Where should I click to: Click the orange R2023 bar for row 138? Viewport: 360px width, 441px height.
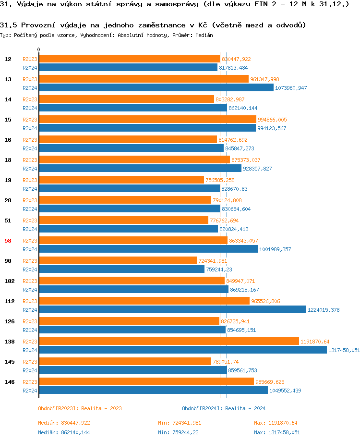[x=168, y=341]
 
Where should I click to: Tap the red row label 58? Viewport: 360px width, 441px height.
[x=8, y=241]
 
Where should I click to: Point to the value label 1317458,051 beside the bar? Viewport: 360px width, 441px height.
[x=344, y=350]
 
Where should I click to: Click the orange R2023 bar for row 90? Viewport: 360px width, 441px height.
[x=118, y=260]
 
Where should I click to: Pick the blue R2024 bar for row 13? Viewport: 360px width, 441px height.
[x=156, y=88]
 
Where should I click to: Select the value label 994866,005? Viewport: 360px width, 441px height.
[x=272, y=120]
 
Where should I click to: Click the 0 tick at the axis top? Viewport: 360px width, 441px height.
[x=39, y=50]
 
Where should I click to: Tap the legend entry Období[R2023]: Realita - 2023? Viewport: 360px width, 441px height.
[x=80, y=408]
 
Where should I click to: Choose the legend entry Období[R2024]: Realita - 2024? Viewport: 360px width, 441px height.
[x=224, y=408]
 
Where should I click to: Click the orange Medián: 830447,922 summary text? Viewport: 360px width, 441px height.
[x=64, y=423]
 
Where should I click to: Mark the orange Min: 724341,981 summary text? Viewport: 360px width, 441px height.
[x=180, y=423]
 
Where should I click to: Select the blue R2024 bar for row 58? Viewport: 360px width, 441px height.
[x=148, y=249]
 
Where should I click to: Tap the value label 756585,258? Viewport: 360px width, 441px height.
[x=220, y=180]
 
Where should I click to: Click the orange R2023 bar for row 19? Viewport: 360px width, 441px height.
[x=121, y=180]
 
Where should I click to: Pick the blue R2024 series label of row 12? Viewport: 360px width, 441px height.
[x=30, y=68]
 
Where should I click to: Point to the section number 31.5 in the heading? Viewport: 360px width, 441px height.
[x=9, y=25]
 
